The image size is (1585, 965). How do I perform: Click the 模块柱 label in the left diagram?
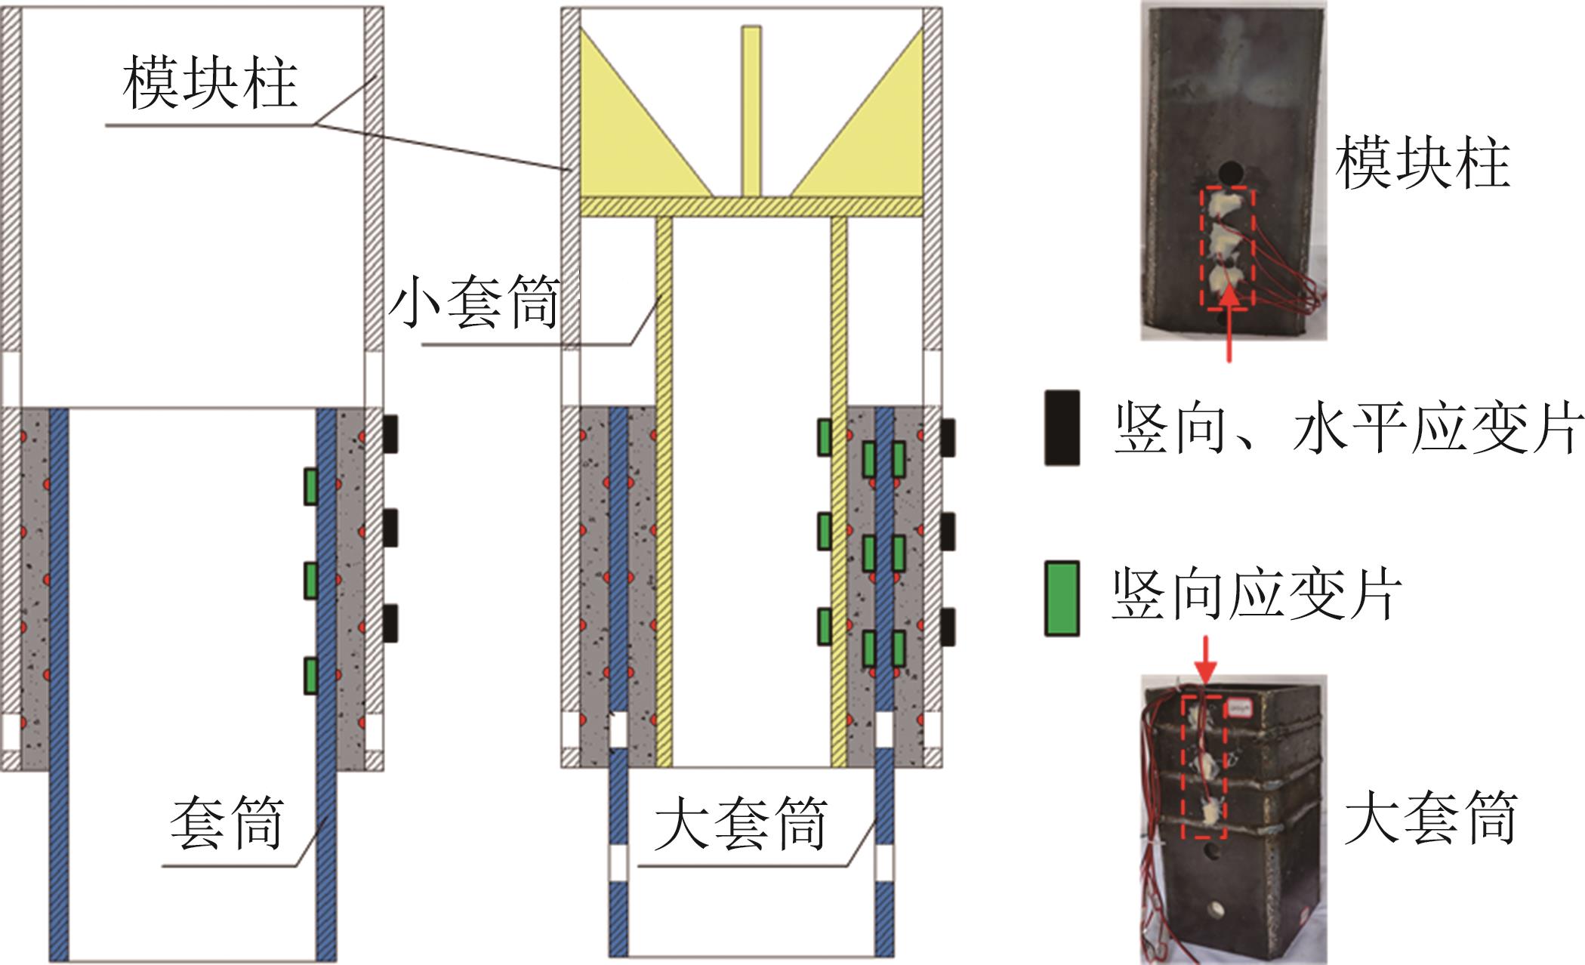click(x=210, y=83)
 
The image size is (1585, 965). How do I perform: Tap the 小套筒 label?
click(x=474, y=303)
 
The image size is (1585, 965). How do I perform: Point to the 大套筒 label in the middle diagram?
click(x=740, y=825)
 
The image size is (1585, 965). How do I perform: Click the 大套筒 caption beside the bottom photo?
click(x=1430, y=819)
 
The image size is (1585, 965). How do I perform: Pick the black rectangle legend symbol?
click(x=1062, y=427)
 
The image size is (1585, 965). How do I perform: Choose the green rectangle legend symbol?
click(x=1062, y=598)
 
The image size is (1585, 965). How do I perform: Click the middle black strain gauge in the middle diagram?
click(x=947, y=532)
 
